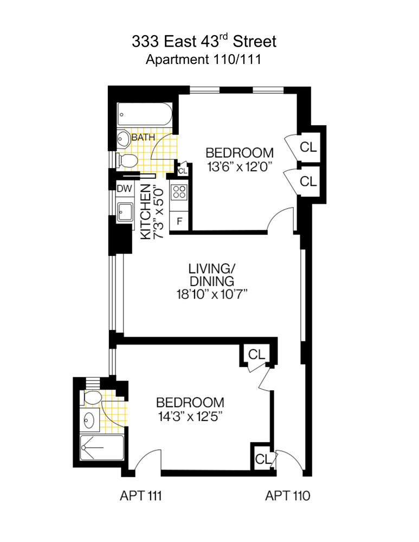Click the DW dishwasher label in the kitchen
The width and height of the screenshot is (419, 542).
click(x=124, y=189)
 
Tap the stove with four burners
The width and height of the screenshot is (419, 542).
click(x=179, y=191)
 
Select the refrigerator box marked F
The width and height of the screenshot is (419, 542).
click(x=179, y=222)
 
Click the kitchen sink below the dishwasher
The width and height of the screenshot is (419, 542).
click(x=124, y=211)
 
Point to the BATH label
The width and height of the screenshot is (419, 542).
click(x=143, y=138)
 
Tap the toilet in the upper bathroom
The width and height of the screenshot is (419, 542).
click(x=127, y=160)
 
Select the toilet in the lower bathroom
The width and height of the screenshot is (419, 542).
click(x=93, y=398)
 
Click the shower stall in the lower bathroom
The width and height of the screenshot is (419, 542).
click(x=101, y=448)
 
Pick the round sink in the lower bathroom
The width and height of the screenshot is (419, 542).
click(x=89, y=420)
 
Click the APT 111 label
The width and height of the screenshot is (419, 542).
click(x=140, y=495)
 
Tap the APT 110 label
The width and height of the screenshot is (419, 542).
click(x=287, y=495)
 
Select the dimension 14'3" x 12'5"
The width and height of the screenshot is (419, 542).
click(x=190, y=417)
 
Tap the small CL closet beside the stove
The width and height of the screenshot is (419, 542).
click(x=183, y=171)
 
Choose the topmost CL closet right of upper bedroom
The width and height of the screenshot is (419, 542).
click(x=308, y=147)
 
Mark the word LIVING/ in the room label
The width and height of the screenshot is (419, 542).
click(x=211, y=268)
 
